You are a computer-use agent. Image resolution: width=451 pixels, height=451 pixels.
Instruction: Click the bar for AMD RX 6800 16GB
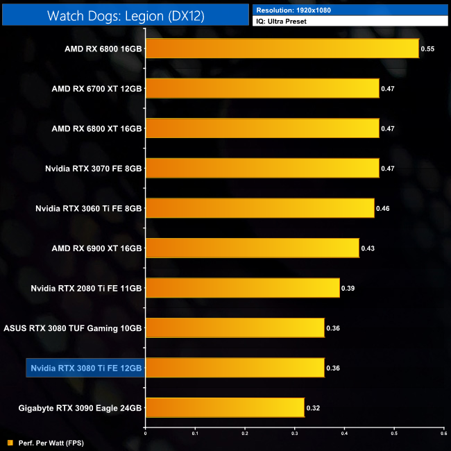coord(282,49)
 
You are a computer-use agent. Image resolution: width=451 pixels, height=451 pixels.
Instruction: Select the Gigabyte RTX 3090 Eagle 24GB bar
coord(225,407)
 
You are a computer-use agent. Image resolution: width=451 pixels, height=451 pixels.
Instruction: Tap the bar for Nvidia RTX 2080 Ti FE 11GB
coord(242,288)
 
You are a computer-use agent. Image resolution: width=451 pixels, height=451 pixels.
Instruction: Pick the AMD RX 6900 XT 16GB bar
coord(252,248)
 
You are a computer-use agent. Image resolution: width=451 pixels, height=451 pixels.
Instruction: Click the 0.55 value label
coord(427,49)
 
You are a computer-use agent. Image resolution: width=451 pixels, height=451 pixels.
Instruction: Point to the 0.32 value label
coord(313,408)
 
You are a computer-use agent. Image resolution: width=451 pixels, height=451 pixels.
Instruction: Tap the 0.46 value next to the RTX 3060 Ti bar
coord(382,208)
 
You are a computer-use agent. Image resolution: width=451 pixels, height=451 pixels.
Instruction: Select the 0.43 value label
coord(367,248)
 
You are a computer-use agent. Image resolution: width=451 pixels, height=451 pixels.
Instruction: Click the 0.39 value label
coord(348,289)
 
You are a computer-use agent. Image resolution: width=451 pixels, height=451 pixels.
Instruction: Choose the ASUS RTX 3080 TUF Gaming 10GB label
coord(73,328)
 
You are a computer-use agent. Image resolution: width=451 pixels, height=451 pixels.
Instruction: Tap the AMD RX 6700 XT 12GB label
coord(96,89)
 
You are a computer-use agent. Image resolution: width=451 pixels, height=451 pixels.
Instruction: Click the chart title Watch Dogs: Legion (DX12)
coord(126,16)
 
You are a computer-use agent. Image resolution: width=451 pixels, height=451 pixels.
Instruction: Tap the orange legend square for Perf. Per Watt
coord(9,442)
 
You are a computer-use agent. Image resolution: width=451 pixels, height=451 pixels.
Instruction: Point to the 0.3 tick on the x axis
coord(294,433)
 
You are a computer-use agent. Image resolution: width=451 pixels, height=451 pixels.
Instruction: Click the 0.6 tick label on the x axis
coord(443,433)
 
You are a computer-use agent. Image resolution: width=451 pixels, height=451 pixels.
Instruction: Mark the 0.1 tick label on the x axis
coord(195,433)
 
